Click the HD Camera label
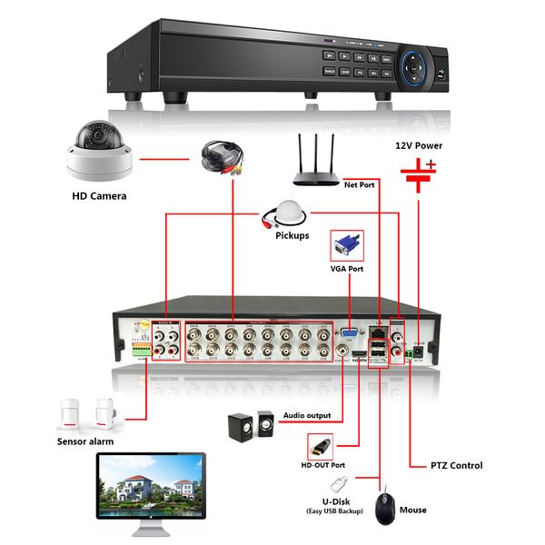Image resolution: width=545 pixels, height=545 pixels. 99,195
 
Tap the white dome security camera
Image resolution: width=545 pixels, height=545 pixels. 99,153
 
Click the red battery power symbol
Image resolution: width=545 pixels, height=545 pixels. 420,176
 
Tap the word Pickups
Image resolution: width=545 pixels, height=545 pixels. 292,235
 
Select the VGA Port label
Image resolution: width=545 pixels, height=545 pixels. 346,270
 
